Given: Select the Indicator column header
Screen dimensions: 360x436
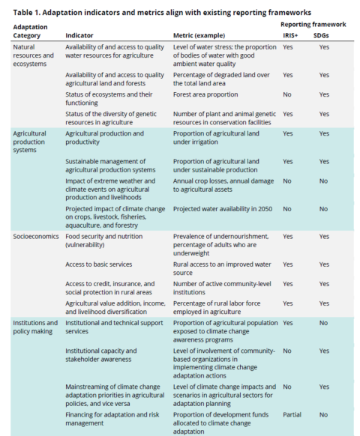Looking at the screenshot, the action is (x=80, y=35).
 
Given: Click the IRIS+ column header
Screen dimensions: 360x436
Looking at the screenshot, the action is (x=293, y=35).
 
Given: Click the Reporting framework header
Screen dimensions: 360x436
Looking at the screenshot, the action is (x=310, y=25).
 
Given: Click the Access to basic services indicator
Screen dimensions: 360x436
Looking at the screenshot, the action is (x=99, y=264).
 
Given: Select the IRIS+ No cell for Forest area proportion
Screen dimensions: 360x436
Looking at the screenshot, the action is (x=287, y=94).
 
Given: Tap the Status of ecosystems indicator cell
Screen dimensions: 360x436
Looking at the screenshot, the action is (x=109, y=99).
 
